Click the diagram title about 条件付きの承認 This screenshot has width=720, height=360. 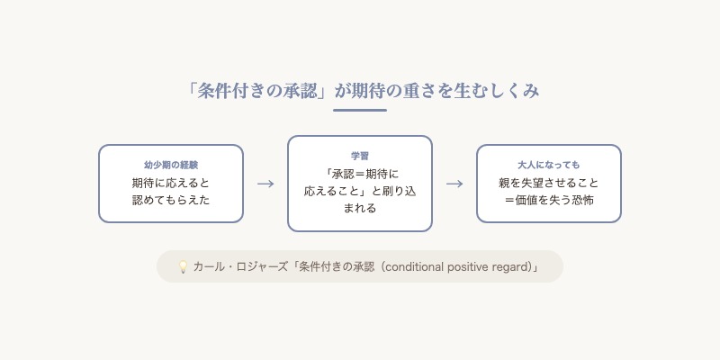click(x=360, y=91)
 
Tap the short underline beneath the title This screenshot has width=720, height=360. click(x=360, y=110)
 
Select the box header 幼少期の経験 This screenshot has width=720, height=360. click(x=171, y=166)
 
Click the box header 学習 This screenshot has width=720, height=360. click(x=360, y=157)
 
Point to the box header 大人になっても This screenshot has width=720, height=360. click(x=549, y=166)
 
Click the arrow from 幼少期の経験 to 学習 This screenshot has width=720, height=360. click(x=265, y=184)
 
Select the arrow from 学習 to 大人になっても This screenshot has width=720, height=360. click(x=454, y=184)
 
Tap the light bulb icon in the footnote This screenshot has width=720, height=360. click(x=183, y=267)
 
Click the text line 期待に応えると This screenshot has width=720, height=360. click(x=171, y=183)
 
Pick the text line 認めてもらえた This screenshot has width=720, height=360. click(x=171, y=200)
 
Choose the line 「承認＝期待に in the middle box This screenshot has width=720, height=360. click(x=360, y=174)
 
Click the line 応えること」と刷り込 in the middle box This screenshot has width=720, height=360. click(x=360, y=191)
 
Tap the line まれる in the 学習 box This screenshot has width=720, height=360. click(x=360, y=208)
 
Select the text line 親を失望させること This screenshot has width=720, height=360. click(x=549, y=183)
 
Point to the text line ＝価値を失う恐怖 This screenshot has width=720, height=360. click(x=549, y=200)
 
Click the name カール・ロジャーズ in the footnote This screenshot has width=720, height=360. click(x=238, y=267)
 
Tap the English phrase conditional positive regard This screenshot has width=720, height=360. click(x=453, y=267)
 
